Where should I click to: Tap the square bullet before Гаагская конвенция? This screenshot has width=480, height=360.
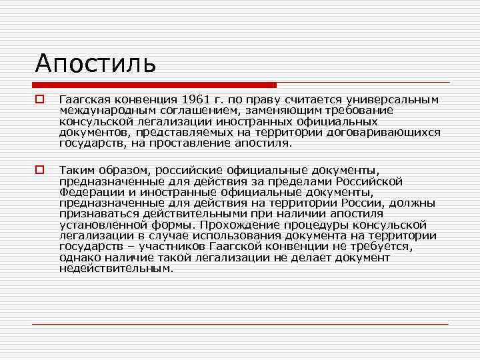(x=40, y=99)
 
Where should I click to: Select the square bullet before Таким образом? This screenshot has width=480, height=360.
(x=40, y=170)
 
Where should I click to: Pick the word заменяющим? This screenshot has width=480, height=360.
(x=279, y=111)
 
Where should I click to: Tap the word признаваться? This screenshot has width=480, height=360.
(x=96, y=214)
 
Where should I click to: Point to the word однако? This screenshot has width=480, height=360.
(x=77, y=257)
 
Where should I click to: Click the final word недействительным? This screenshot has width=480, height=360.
(x=116, y=269)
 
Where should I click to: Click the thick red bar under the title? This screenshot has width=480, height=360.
(x=154, y=85)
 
